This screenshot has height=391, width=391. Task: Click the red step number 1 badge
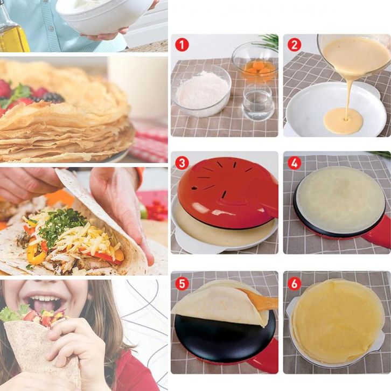182,45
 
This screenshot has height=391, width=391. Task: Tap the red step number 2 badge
294,45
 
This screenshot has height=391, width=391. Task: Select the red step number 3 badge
182,163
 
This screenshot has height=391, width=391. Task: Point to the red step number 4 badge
294,163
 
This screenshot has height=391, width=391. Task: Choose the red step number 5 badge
182,283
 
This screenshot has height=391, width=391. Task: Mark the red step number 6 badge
294,283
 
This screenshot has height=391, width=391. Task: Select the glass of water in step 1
257,102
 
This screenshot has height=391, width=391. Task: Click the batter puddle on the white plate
344,121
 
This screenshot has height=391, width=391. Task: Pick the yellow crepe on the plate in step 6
337,320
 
